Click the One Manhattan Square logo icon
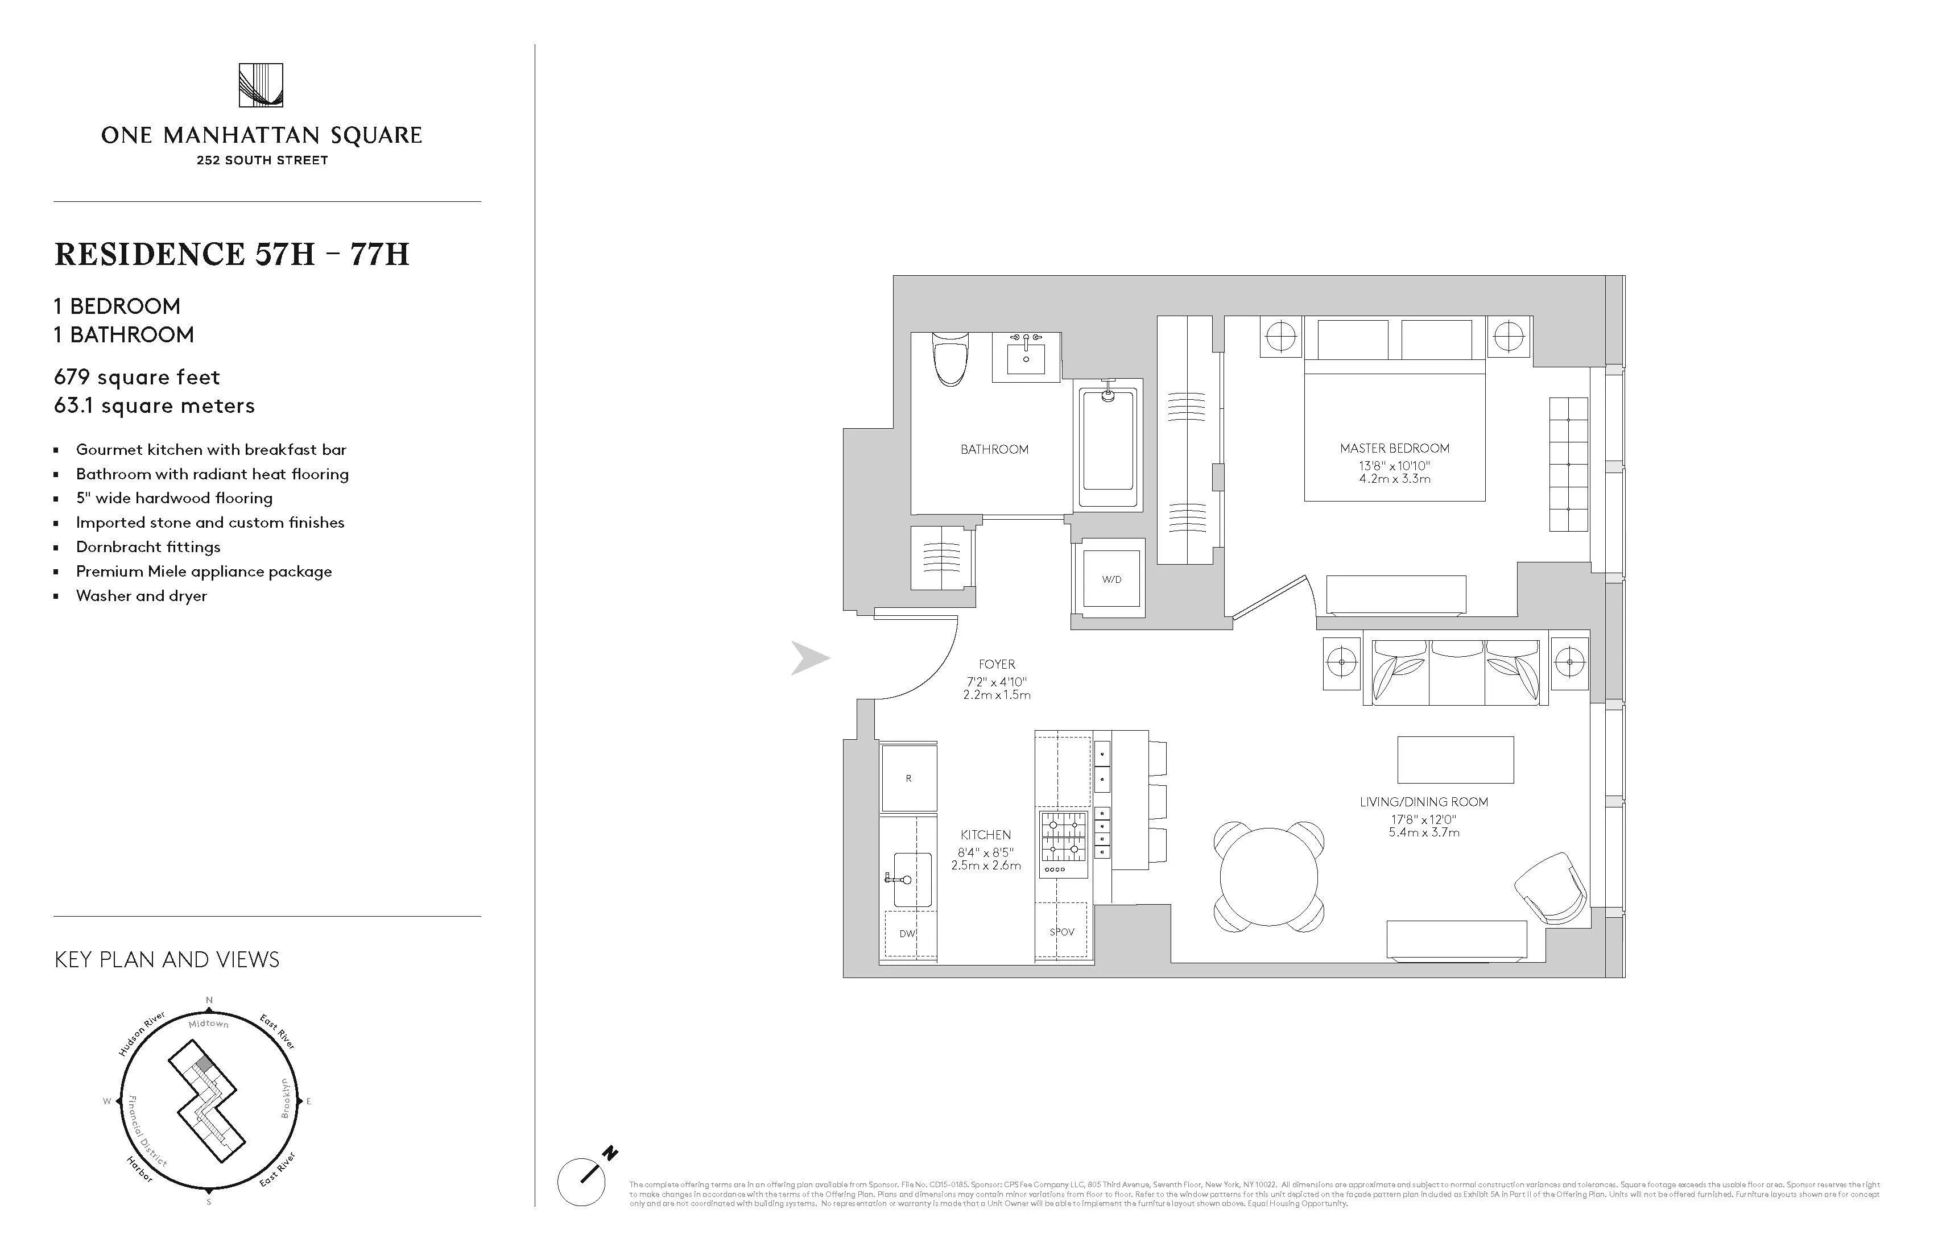click(x=261, y=85)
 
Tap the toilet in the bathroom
click(x=948, y=361)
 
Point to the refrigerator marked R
click(x=908, y=777)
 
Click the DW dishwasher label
click(x=907, y=933)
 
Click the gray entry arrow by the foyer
click(x=810, y=658)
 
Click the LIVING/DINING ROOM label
click(x=1424, y=802)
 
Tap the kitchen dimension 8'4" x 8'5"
click(x=986, y=852)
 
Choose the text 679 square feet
click(x=137, y=377)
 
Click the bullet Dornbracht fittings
click(x=148, y=546)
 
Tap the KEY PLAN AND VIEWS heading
click(x=167, y=959)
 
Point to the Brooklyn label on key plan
click(x=284, y=1097)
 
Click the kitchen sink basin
click(x=912, y=880)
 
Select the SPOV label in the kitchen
click(x=1061, y=932)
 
